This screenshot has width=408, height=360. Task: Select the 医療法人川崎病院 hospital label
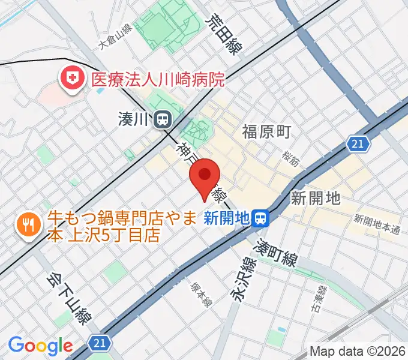[x=158, y=79]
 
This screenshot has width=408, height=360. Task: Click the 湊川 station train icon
[x=161, y=120]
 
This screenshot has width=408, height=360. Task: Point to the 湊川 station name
[x=133, y=120]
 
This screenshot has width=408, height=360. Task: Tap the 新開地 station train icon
[x=260, y=218]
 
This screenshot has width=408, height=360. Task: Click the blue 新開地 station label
[x=226, y=218]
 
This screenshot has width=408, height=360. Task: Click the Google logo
[x=40, y=346]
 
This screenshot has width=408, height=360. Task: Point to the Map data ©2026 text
[x=358, y=351]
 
